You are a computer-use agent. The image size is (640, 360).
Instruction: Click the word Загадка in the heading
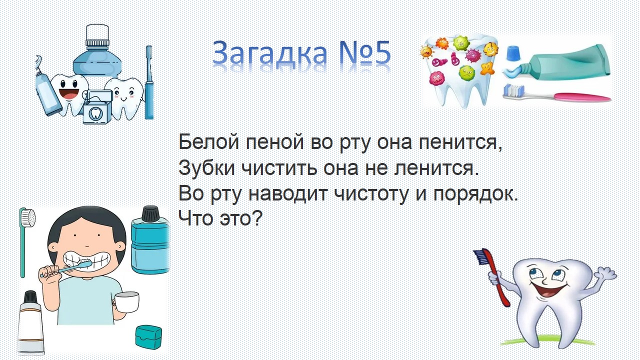pyautogui.click(x=269, y=52)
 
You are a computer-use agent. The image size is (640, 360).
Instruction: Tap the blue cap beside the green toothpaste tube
pyautogui.click(x=513, y=54)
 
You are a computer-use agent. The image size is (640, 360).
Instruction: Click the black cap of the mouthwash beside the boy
pyautogui.click(x=150, y=213)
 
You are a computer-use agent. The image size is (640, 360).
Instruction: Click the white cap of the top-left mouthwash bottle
pyautogui.click(x=97, y=34)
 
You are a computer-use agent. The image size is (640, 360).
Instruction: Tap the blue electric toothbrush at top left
pyautogui.click(x=149, y=82)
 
